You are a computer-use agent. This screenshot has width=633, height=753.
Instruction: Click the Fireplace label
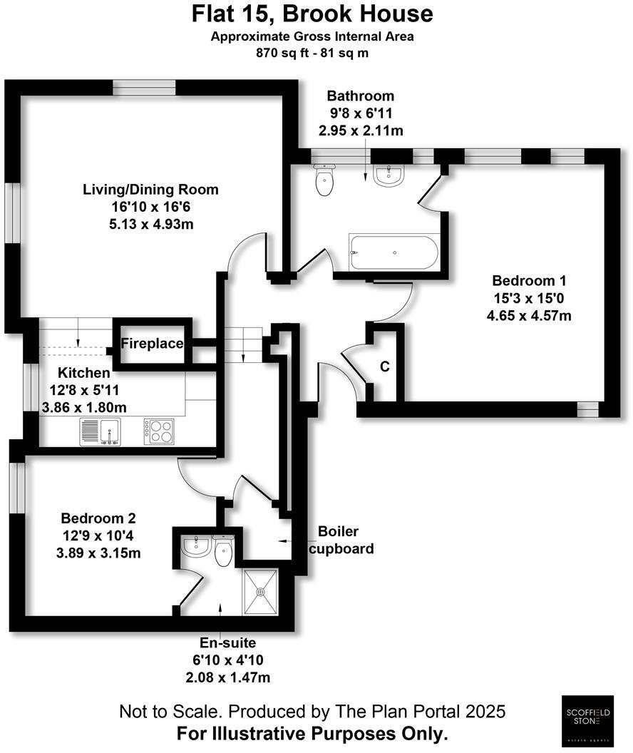[x=152, y=344]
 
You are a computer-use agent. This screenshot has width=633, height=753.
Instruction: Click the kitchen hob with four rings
[x=159, y=431]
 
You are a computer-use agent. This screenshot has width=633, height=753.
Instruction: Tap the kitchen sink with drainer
[x=101, y=431]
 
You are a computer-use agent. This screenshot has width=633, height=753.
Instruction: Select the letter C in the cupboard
[x=384, y=367]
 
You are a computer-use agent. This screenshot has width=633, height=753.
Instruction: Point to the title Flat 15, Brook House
[x=312, y=14]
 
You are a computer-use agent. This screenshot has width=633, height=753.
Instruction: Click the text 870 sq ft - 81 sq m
[x=312, y=53]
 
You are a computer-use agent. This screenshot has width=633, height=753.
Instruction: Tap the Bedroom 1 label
[x=527, y=280]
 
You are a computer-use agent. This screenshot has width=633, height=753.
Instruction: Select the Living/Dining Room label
[x=150, y=190]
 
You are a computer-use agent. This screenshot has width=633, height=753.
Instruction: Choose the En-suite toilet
[x=223, y=551]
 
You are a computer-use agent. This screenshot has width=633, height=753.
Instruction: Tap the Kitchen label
[x=84, y=373]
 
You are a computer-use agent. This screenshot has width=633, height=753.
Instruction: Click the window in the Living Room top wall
[x=144, y=87]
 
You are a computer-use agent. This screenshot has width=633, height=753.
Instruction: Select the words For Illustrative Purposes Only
[x=312, y=733]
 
